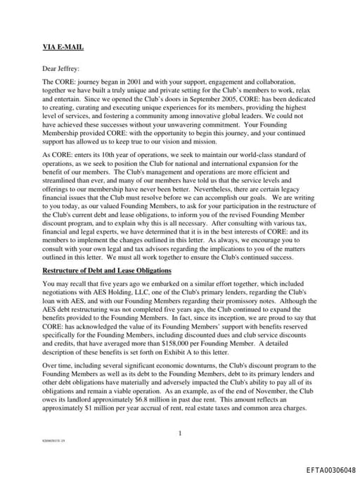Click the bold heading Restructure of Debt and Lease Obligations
point(108,270)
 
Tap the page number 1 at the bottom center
point(180,433)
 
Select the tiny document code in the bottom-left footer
point(53,446)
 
